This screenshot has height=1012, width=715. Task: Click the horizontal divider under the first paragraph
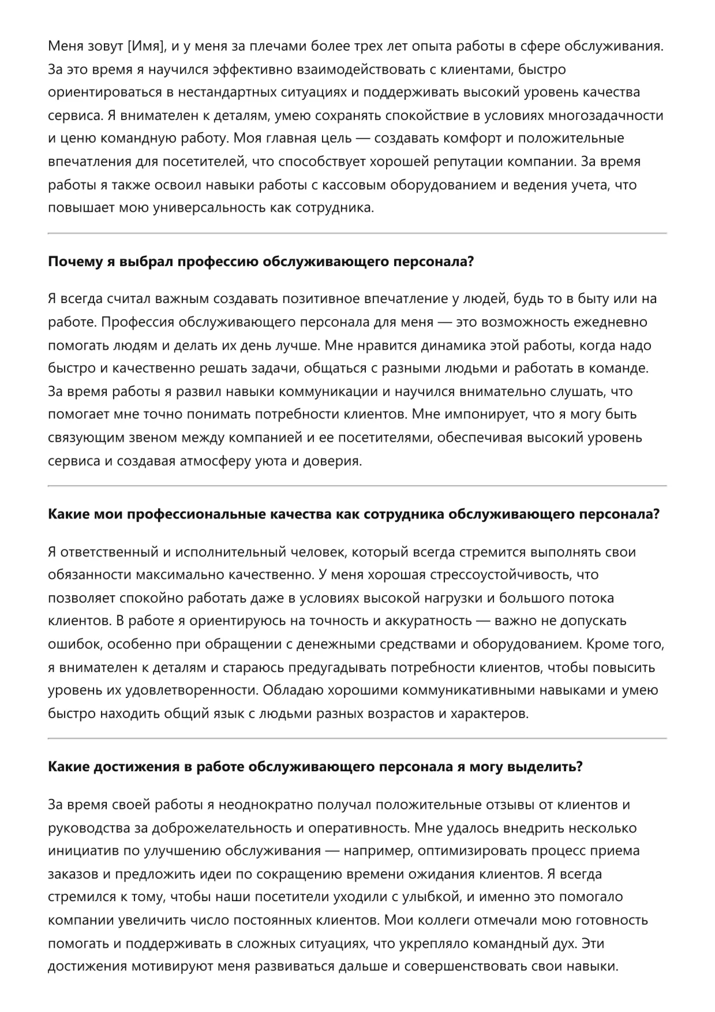tap(357, 233)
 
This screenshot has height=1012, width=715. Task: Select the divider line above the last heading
tap(357, 738)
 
